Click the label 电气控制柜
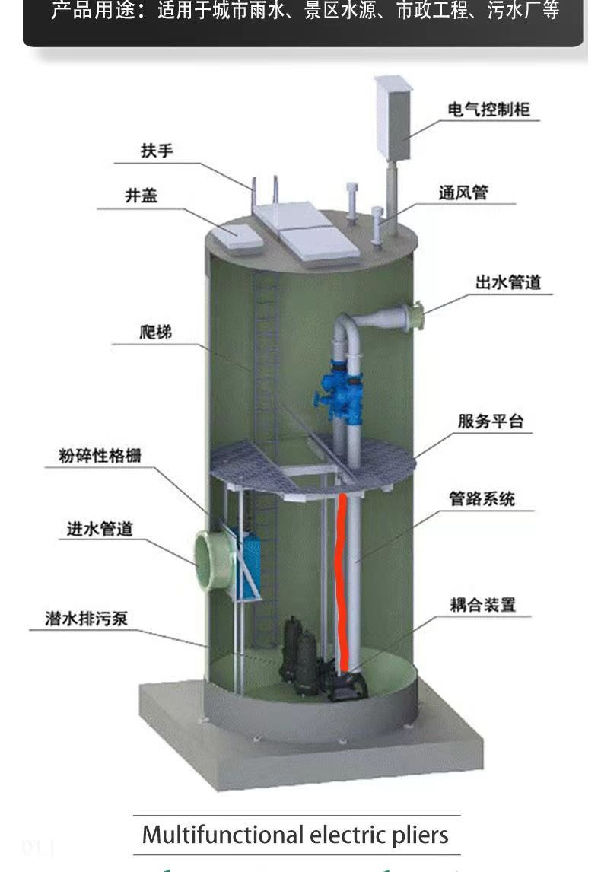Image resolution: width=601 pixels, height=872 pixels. click(x=488, y=110)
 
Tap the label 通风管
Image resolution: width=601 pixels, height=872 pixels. click(x=463, y=193)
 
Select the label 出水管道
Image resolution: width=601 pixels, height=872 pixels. click(x=508, y=282)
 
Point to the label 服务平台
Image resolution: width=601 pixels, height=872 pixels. click(x=491, y=422)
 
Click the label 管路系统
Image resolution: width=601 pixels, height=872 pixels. click(x=482, y=499)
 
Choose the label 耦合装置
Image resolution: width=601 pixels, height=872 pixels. click(x=482, y=604)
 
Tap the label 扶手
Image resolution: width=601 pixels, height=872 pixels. click(x=157, y=151)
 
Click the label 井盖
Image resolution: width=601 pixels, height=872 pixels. click(x=142, y=196)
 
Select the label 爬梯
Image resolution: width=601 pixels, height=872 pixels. click(x=156, y=332)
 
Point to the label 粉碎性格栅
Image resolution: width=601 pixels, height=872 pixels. click(x=100, y=456)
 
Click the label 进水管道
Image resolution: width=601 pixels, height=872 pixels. click(x=100, y=529)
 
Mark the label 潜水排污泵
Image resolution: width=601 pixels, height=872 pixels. click(x=87, y=619)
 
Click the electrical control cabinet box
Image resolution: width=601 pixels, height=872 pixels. click(x=393, y=118)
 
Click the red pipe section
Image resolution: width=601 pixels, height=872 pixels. click(x=342, y=582)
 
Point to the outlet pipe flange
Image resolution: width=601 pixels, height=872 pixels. click(x=416, y=315)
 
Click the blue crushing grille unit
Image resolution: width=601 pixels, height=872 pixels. click(x=249, y=561)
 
